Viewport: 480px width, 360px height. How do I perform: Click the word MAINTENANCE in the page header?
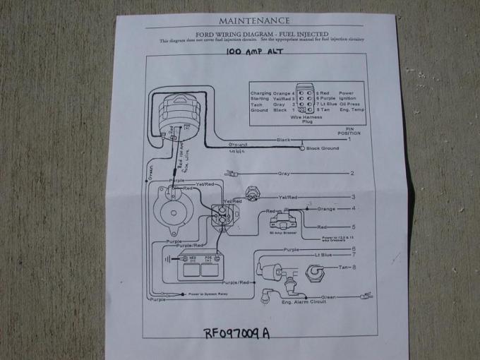pyautogui.click(x=254, y=21)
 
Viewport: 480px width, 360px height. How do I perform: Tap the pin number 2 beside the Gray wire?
pyautogui.click(x=351, y=173)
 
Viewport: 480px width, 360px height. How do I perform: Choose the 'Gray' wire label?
pyautogui.click(x=284, y=173)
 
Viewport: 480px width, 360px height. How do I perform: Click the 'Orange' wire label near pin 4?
pyautogui.click(x=327, y=208)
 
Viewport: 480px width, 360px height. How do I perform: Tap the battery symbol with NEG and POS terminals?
pyautogui.click(x=198, y=267)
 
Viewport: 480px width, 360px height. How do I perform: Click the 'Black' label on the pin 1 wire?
pyautogui.click(x=284, y=140)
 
